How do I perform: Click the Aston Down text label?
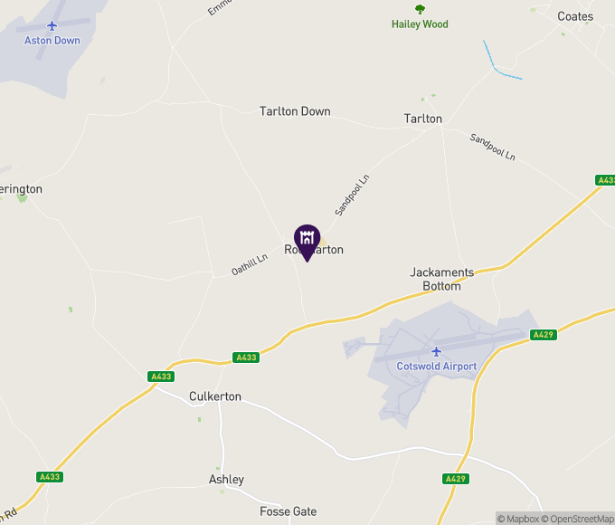(53, 41)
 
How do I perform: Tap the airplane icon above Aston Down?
(53, 25)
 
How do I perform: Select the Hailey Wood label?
(420, 24)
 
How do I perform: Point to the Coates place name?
(575, 16)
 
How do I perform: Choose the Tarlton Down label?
(295, 111)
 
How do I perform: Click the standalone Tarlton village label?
(422, 119)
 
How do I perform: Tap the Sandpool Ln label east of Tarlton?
(492, 147)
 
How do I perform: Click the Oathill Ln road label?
(250, 264)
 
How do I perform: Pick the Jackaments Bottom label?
(441, 279)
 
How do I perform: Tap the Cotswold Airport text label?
(436, 367)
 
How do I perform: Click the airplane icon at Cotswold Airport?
(436, 351)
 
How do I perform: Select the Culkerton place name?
(215, 396)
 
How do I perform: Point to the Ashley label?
(226, 480)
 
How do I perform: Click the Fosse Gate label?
(288, 511)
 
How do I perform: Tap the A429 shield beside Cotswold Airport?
(543, 335)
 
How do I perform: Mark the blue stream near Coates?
(500, 63)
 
